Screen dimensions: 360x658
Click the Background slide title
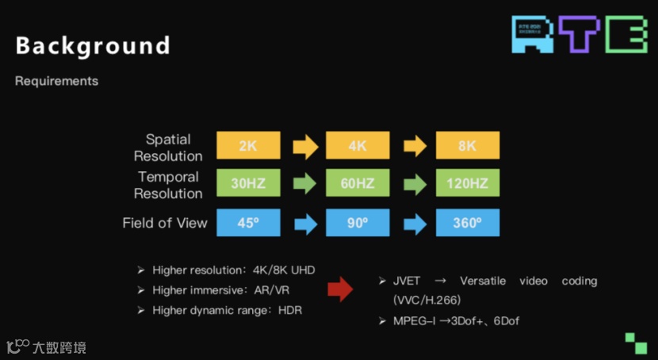pos(93,46)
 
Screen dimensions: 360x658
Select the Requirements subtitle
pos(56,82)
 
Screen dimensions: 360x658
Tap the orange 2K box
pos(248,146)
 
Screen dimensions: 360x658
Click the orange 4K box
pos(358,146)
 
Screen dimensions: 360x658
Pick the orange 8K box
pos(468,146)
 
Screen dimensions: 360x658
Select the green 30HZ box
pos(248,184)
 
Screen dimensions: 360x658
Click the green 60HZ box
pos(358,184)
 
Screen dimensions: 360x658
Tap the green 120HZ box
pos(468,184)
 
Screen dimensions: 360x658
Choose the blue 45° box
pos(248,223)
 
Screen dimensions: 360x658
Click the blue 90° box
pos(358,223)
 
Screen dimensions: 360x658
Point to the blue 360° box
pos(468,223)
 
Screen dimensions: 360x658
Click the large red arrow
pos(339,289)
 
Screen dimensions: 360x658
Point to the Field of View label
pos(165,223)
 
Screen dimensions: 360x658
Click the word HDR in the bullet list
pos(290,310)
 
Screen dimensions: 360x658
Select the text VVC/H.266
pos(427,301)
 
